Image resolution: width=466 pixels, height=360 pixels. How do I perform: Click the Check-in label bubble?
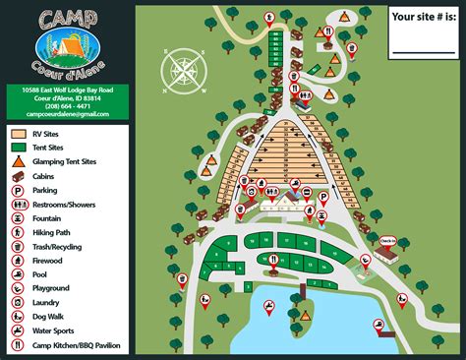pos(387,240)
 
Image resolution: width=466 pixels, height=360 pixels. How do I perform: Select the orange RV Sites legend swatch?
pos(19,133)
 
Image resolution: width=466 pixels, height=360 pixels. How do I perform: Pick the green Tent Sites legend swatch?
pos(19,148)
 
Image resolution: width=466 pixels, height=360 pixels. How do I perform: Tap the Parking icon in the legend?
pos(19,190)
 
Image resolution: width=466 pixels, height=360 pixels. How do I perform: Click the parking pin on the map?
pos(321,198)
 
